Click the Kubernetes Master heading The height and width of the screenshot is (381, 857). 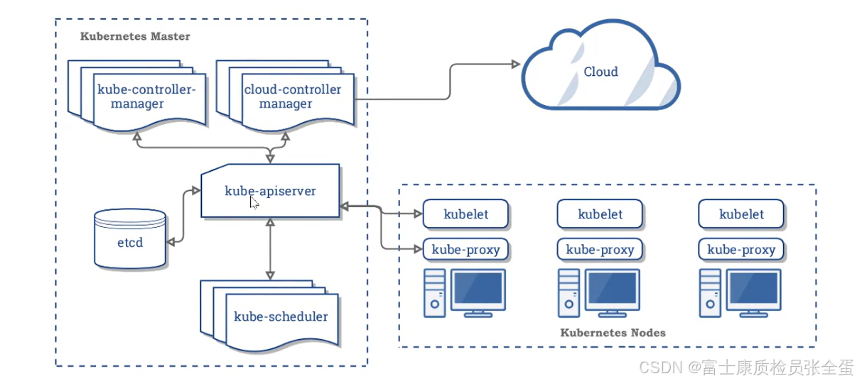135,36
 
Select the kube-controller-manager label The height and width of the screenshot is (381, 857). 146,96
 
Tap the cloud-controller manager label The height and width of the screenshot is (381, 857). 293,96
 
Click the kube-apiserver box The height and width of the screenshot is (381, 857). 271,191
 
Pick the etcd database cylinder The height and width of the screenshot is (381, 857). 130,238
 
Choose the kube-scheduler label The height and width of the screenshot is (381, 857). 281,316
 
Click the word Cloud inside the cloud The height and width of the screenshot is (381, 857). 600,72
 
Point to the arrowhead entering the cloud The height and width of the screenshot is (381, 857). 516,64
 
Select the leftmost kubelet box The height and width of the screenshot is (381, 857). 465,214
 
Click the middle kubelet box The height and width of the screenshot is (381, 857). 600,214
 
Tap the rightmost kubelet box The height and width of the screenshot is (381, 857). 741,214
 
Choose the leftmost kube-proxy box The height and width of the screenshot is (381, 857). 465,250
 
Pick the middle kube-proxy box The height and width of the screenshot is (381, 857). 600,250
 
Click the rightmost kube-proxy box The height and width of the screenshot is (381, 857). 741,250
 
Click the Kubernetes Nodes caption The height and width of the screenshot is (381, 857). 613,333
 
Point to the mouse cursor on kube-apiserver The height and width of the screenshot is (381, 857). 254,202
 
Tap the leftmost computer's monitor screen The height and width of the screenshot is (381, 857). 478,288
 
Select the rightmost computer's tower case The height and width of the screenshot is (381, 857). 710,293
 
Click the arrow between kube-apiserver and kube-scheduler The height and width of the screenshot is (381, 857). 270,249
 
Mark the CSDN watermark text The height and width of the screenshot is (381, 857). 746,368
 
